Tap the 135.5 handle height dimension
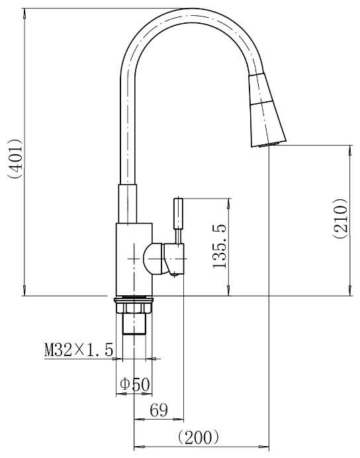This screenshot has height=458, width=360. [219, 246]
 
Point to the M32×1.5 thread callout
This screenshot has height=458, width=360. [79, 350]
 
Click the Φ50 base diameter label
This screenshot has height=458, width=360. [135, 385]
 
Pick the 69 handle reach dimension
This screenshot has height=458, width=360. [159, 410]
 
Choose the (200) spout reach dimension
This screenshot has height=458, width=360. [199, 437]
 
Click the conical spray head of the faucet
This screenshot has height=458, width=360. [267, 110]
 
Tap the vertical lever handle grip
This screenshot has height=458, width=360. [179, 214]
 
